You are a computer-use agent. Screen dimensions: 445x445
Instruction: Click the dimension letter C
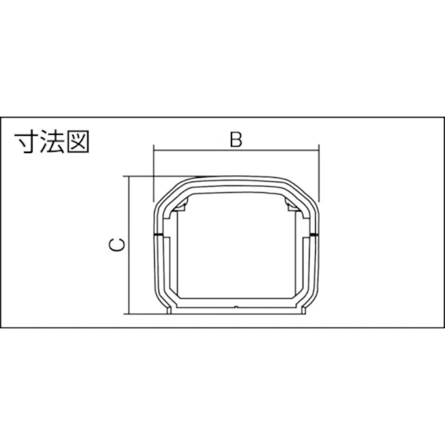click(x=116, y=245)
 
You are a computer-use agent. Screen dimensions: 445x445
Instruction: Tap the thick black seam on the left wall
click(x=157, y=235)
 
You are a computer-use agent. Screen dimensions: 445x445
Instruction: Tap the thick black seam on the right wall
click(x=313, y=235)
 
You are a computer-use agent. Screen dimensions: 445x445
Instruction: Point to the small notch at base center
click(x=235, y=308)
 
